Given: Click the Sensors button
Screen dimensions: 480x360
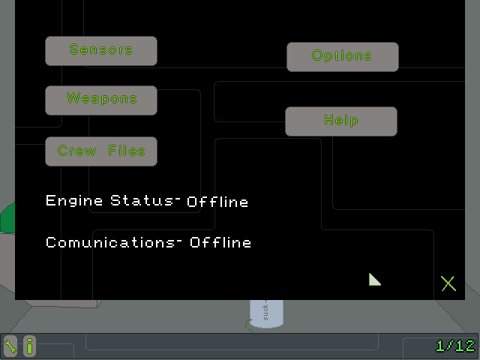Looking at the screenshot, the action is [101, 51].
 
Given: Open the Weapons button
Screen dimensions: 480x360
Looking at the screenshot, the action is [101, 100].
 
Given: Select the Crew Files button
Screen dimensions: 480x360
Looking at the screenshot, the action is [101, 151].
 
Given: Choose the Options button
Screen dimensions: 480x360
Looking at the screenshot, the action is [343, 57].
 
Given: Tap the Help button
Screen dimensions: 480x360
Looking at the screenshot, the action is [341, 121].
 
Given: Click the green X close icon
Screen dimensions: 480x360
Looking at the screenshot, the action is [448, 283].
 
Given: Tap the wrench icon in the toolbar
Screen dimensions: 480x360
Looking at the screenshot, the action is [10, 346].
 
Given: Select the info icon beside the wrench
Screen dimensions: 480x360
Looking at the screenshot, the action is [29, 346].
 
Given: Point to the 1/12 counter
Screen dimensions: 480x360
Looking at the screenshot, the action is [455, 346].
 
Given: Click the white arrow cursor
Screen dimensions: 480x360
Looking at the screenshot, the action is [373, 280].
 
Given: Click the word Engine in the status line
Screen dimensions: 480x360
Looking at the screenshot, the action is [74, 201].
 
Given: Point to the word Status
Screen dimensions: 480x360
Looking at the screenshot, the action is [142, 200].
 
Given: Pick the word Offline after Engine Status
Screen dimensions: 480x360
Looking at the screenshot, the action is [217, 202].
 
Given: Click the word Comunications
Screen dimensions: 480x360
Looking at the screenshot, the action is [110, 242].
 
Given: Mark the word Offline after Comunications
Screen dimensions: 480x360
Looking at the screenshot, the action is [220, 242].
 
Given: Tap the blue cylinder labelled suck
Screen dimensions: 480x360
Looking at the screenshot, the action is [266, 313].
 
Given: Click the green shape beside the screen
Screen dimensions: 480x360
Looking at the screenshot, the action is [7, 218].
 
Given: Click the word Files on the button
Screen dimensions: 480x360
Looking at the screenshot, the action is [127, 151].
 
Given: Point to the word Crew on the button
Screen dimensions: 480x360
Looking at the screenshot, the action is [76, 151].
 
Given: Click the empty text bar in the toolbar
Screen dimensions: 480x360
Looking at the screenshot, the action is [232, 342].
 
